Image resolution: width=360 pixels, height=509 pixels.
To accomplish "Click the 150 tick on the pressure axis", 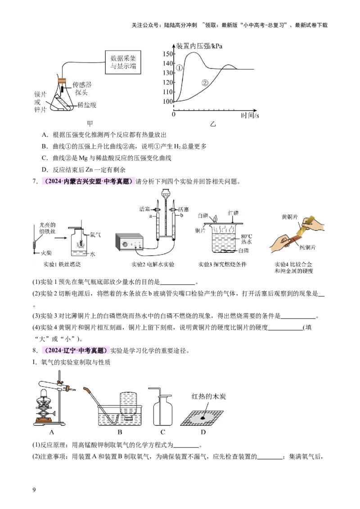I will (167, 54).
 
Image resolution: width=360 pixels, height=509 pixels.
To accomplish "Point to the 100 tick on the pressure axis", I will (167, 102).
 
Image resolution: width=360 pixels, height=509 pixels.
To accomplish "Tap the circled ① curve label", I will (179, 68).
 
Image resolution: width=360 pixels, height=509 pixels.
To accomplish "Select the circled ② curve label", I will (205, 83).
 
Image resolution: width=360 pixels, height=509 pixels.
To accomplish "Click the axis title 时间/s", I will (250, 116).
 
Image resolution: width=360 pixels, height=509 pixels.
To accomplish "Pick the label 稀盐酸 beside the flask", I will (87, 105).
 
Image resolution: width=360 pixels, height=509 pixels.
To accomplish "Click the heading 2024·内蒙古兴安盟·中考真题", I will (87, 182).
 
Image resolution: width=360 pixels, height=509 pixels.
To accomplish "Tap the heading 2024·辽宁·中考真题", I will (75, 351).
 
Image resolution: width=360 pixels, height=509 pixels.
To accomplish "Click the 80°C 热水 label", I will (247, 239).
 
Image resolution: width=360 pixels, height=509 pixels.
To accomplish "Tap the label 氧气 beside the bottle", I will (94, 234).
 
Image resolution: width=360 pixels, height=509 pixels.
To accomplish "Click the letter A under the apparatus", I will (52, 432).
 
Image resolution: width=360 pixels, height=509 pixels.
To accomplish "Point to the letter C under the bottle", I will (162, 432).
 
